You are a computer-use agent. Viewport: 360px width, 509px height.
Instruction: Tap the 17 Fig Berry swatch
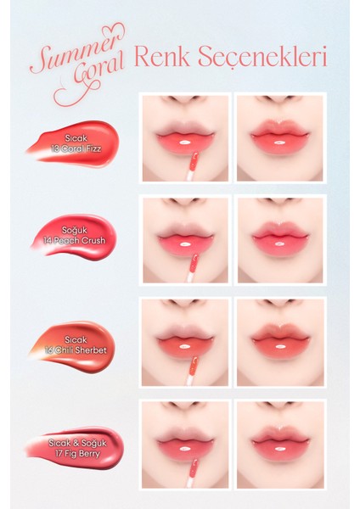(76, 447)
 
